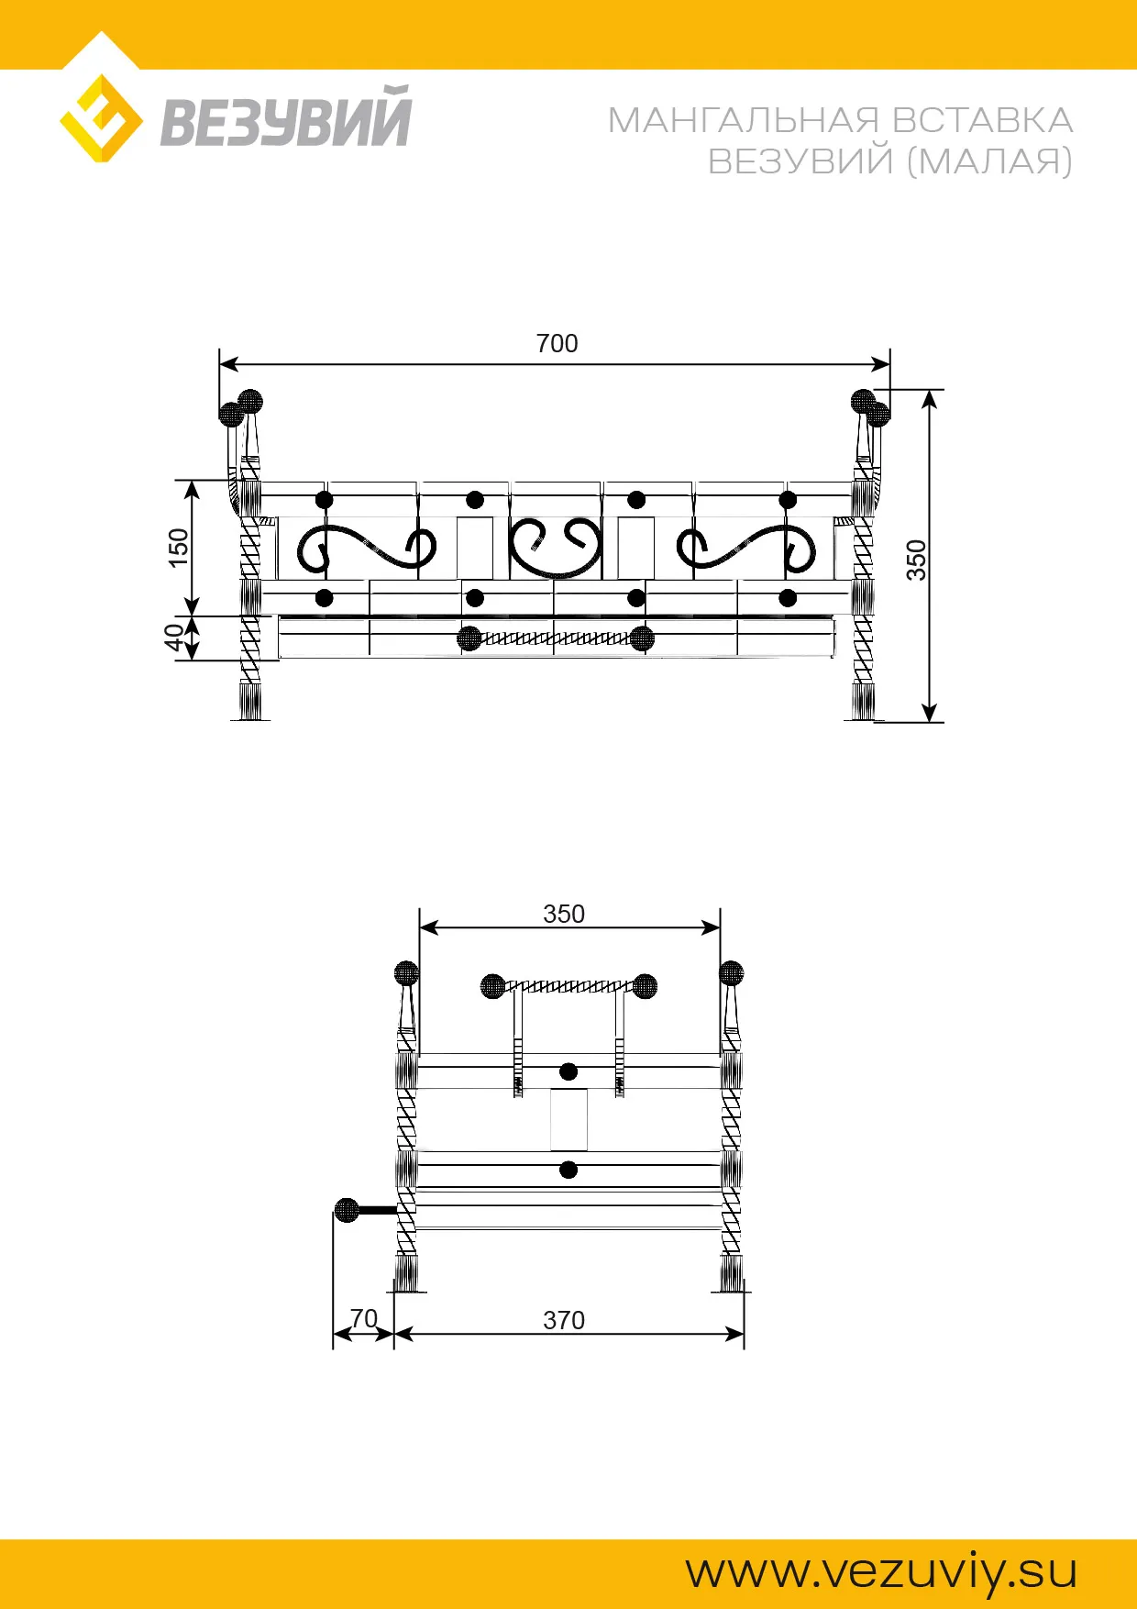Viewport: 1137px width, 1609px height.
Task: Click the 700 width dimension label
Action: point(557,344)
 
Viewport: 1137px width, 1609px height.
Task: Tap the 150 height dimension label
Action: point(179,548)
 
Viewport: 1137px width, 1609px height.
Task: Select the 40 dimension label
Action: point(173,638)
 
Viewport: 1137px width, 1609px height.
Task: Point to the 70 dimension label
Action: point(364,1318)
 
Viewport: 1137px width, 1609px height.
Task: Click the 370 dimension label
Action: point(564,1320)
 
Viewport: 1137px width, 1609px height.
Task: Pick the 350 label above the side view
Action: point(564,915)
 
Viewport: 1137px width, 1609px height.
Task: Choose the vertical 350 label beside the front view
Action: point(917,560)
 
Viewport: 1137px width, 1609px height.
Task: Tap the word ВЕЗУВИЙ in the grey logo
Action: point(286,117)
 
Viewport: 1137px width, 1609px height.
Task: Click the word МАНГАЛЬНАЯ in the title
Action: point(744,120)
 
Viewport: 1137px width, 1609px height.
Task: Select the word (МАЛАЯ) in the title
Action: point(989,161)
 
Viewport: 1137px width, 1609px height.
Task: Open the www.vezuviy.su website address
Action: point(881,1572)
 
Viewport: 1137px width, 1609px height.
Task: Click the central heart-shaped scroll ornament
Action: point(556,548)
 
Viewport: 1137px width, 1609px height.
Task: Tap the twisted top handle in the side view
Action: point(568,987)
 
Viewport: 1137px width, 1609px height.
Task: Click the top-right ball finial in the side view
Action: point(731,973)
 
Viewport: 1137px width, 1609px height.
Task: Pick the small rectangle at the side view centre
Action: point(568,1120)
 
